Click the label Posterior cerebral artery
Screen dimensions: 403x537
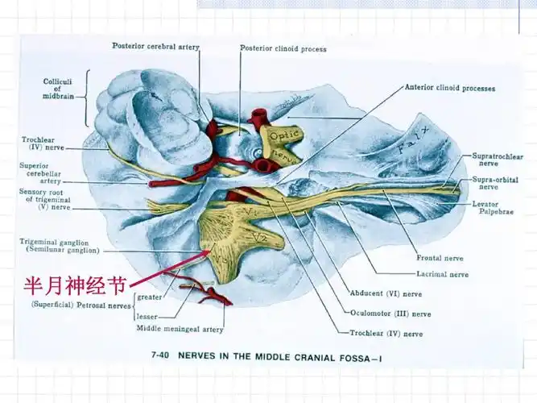155,46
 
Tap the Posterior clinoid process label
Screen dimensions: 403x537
283,48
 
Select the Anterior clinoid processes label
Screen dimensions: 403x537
449,88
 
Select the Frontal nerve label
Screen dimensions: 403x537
439,258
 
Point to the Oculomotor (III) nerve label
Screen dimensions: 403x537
390,314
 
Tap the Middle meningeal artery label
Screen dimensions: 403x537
180,329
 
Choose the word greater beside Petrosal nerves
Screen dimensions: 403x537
151,297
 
